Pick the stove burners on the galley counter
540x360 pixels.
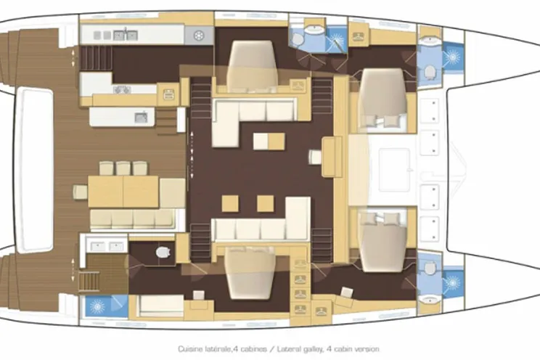pyautogui.click(x=121, y=89)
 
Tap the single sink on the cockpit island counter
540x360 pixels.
pyautogui.click(x=141, y=116)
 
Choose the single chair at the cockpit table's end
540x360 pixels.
pyautogui.click(x=80, y=192)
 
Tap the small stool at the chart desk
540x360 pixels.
pyautogui.click(x=314, y=156)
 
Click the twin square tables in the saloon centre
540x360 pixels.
pyautogui.click(x=268, y=140)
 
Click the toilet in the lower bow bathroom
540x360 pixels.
pyautogui.click(x=430, y=269)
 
